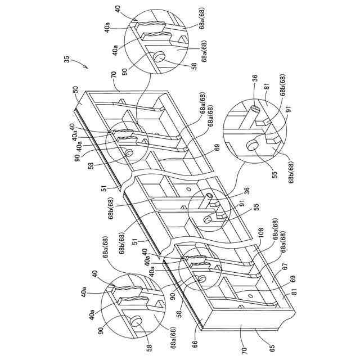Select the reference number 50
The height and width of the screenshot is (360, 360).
(76, 89)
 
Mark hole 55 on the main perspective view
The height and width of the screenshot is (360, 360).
(208, 219)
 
